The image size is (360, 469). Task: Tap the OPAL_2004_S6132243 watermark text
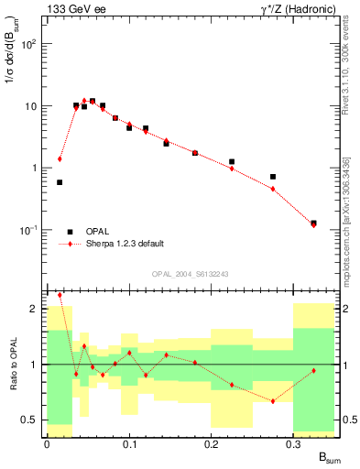pyautogui.click(x=189, y=273)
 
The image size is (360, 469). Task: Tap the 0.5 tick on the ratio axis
pyautogui.click(x=31, y=420)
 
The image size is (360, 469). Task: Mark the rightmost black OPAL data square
pyautogui.click(x=314, y=223)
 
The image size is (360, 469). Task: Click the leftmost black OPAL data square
pyautogui.click(x=60, y=182)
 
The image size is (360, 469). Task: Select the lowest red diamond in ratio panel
pyautogui.click(x=273, y=401)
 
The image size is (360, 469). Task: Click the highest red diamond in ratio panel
pyautogui.click(x=60, y=295)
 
